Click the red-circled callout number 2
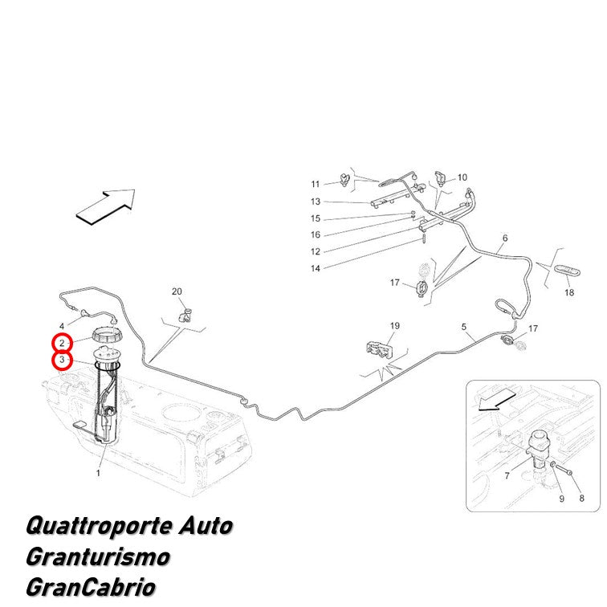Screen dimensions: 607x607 [62, 343]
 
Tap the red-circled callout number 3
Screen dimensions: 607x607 [62, 361]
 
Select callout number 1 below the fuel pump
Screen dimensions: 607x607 [98, 473]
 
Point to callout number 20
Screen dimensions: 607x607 [177, 291]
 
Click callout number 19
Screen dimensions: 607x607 [395, 326]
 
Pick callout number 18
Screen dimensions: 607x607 [569, 292]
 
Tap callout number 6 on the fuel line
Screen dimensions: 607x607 [505, 238]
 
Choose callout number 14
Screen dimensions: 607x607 [316, 268]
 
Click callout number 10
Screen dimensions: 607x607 [462, 177]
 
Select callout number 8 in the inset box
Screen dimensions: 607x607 [581, 499]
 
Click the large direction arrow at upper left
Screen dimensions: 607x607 [106, 206]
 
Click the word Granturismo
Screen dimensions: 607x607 [98, 557]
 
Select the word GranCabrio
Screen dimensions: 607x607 [91, 587]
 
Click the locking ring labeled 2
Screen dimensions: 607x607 [108, 335]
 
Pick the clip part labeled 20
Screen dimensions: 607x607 [185, 316]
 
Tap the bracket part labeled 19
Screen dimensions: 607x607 [379, 348]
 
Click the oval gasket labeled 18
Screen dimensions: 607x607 [568, 271]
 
